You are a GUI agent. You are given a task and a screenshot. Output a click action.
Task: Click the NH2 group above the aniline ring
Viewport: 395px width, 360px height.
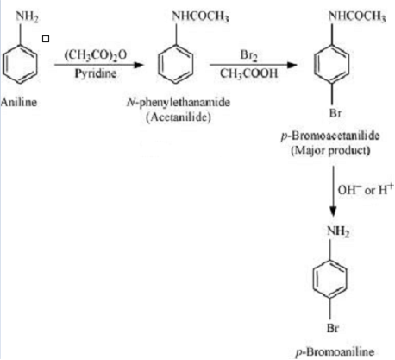click(27, 16)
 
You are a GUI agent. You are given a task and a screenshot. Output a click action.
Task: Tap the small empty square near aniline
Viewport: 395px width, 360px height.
click(46, 39)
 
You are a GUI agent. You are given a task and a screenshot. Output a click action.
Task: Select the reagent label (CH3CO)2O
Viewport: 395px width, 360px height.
click(96, 54)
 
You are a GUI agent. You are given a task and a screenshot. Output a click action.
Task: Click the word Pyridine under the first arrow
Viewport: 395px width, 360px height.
click(96, 73)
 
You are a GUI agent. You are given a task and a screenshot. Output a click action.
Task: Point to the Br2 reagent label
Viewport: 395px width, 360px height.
click(248, 54)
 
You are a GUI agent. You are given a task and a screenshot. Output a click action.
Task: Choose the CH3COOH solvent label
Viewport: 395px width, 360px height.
click(249, 73)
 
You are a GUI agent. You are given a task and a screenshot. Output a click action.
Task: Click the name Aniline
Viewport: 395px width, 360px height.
click(19, 102)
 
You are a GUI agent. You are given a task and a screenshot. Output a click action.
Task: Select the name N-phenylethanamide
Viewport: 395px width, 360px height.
click(179, 102)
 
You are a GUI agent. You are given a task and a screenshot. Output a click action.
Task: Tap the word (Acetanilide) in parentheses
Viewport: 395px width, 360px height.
click(179, 117)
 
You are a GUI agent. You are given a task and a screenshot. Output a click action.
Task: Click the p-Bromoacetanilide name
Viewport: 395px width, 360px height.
click(330, 136)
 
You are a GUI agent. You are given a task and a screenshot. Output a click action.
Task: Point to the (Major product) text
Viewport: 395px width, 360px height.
click(330, 150)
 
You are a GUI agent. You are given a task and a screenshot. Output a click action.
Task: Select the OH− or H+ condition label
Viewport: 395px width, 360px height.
click(366, 190)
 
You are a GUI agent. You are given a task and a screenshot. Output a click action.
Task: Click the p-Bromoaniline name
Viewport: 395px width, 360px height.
click(335, 351)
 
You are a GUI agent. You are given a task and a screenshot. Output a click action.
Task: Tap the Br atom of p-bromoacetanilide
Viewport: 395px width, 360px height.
click(335, 113)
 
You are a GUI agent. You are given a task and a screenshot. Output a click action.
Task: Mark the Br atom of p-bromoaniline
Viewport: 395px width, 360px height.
click(333, 328)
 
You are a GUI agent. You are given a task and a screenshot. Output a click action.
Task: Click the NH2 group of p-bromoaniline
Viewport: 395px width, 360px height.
click(338, 231)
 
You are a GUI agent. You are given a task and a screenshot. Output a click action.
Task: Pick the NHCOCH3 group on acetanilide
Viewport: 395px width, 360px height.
click(200, 16)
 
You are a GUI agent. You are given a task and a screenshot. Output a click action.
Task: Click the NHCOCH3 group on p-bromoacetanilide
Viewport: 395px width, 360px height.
click(357, 16)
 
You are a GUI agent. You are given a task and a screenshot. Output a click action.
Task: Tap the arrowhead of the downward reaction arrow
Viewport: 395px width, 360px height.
click(333, 212)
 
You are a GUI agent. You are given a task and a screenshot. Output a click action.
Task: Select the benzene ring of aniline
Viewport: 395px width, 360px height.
click(20, 64)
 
